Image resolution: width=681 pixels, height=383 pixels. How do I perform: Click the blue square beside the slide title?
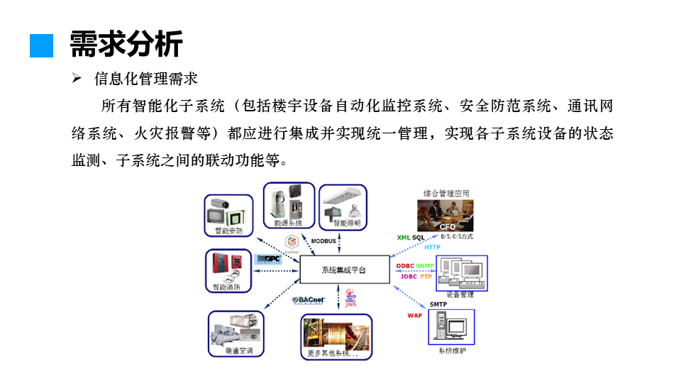42,45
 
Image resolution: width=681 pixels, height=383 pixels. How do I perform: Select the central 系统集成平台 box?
343,271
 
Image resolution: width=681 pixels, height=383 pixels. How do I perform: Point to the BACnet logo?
309,300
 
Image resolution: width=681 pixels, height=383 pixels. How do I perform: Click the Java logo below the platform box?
350,298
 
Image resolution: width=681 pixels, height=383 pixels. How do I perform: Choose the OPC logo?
270,259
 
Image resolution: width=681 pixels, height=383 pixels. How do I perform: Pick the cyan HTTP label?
432,247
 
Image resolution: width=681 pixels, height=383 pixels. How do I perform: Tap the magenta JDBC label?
409,277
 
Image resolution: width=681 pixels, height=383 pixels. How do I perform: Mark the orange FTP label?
426,277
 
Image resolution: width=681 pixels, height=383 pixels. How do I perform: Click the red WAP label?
414,315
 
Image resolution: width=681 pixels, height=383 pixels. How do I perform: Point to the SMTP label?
437,304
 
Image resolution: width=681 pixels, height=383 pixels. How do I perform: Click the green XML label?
404,237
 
